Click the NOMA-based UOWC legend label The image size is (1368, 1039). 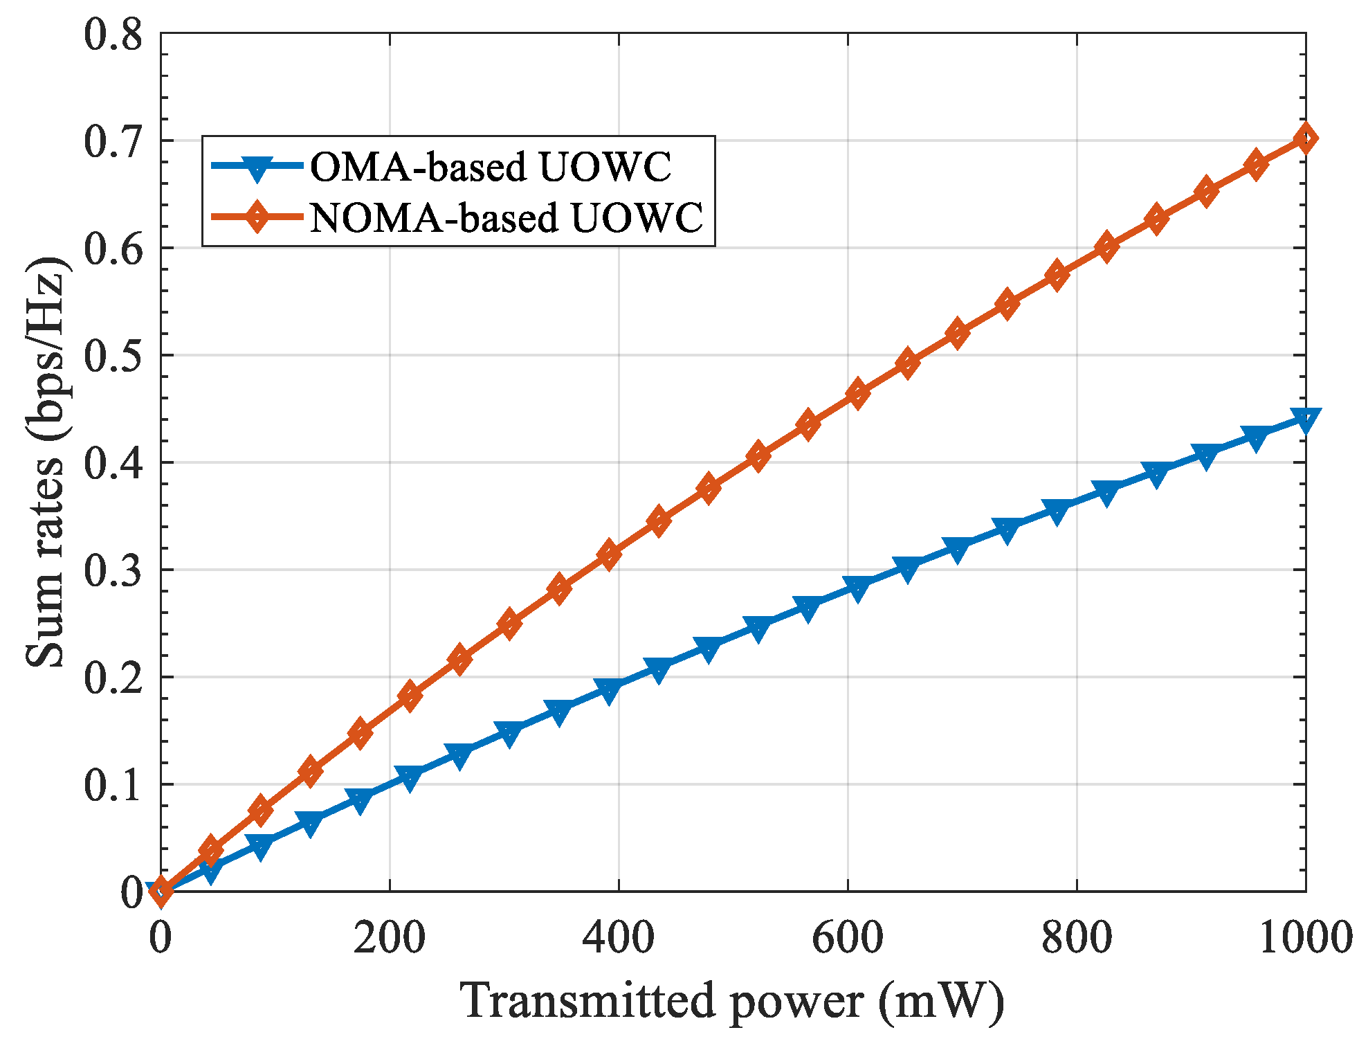point(507,218)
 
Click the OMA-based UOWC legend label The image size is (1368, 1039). point(490,167)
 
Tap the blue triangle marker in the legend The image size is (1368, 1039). point(257,168)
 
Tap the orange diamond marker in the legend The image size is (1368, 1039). point(257,217)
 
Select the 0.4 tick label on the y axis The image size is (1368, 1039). point(113,463)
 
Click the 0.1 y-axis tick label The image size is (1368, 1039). point(113,785)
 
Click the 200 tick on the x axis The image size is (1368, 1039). point(389,939)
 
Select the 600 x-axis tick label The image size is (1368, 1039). point(847,939)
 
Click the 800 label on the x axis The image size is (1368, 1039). point(1077,939)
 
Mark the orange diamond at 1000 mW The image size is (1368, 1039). point(1305,138)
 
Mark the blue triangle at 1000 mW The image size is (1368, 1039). point(1305,419)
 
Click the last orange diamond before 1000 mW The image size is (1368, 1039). point(1256,165)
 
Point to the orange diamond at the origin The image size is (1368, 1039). point(161,891)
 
